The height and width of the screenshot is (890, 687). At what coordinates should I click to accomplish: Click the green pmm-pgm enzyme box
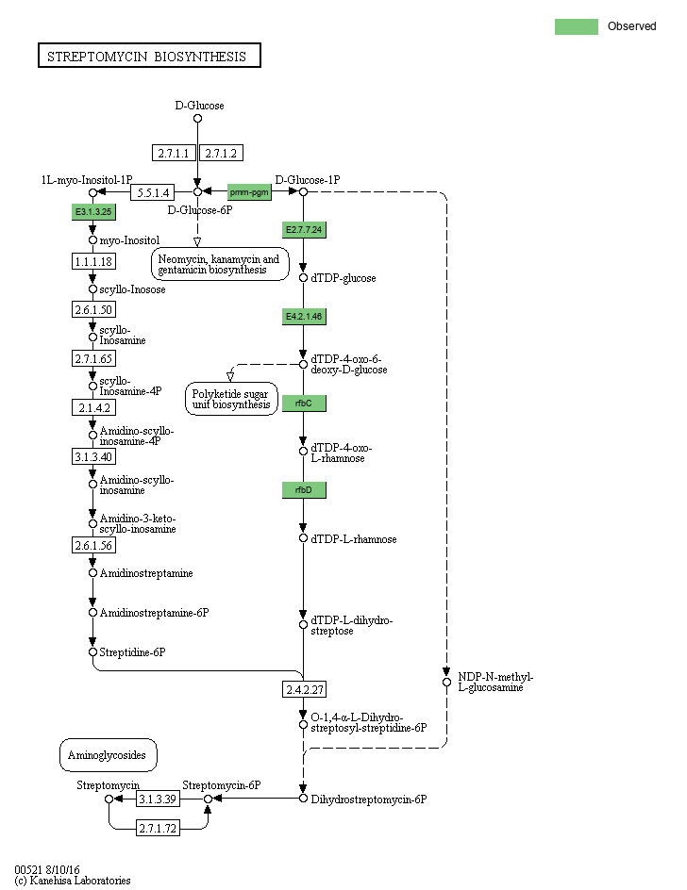[249, 192]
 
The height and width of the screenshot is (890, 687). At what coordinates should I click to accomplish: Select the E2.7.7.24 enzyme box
[304, 230]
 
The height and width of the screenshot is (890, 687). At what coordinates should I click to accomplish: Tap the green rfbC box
[304, 404]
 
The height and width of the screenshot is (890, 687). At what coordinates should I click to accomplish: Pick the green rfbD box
[304, 490]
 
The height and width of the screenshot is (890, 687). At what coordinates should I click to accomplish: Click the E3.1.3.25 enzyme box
[93, 212]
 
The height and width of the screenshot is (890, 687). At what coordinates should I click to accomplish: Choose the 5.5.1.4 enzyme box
[153, 193]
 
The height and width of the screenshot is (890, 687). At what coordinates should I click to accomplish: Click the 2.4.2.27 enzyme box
[305, 689]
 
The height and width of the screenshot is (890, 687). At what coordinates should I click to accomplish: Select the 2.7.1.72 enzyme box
[158, 829]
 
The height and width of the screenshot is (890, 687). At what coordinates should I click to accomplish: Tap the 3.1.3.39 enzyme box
[158, 799]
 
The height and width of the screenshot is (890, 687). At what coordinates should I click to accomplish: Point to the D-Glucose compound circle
[198, 119]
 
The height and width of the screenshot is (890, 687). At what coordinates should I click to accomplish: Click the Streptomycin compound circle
[109, 799]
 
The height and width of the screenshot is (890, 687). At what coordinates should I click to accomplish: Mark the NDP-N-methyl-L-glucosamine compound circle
[446, 683]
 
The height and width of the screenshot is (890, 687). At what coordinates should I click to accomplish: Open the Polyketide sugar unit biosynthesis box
[231, 399]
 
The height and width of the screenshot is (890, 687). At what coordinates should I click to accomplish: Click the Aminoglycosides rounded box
[108, 755]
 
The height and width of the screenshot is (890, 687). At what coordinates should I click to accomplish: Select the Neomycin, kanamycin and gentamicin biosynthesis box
[220, 265]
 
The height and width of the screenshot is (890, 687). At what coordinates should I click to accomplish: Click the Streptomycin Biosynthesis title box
[149, 56]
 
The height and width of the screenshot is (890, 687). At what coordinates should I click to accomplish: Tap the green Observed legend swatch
[577, 26]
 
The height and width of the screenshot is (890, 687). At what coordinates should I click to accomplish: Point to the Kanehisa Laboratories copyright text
[73, 881]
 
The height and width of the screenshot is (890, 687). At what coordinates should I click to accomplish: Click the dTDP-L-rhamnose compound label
[354, 539]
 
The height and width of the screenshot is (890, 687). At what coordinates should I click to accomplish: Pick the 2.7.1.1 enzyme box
[174, 154]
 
